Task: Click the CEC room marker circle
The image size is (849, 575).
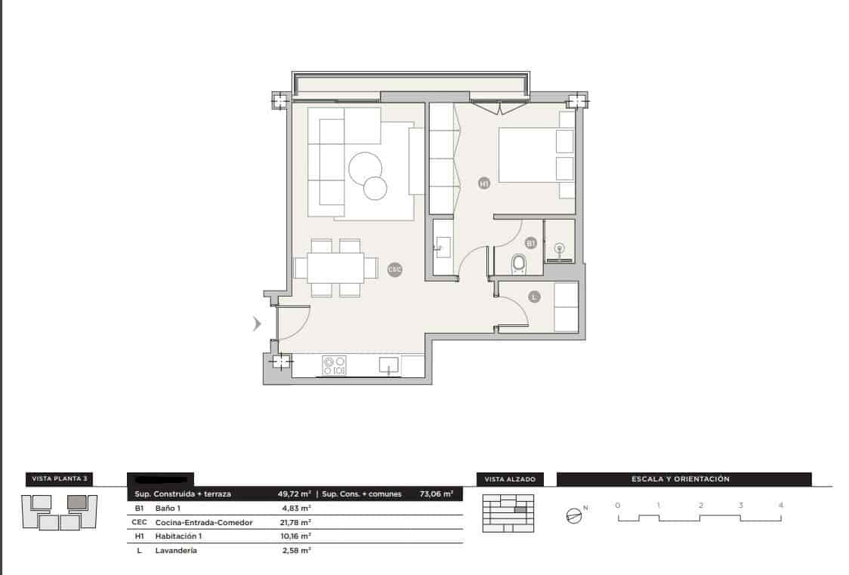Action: [x=394, y=269]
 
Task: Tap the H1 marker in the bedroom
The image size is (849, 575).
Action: [x=484, y=183]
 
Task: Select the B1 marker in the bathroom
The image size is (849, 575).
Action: [x=530, y=243]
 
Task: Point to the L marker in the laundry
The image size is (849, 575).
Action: [x=534, y=297]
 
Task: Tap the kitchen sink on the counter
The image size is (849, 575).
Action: [x=389, y=367]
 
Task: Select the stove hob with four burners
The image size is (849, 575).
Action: [x=334, y=366]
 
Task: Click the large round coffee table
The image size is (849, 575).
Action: [x=366, y=168]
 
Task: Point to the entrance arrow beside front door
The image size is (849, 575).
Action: [x=257, y=324]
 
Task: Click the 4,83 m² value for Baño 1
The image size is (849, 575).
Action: [x=292, y=509]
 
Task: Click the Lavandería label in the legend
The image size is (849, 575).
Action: [x=176, y=551]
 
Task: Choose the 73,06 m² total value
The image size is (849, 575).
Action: [x=436, y=494]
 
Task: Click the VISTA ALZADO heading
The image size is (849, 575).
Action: [x=510, y=479]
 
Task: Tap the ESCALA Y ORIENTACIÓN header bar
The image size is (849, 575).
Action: [x=684, y=479]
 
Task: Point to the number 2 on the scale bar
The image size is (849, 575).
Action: [x=700, y=505]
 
